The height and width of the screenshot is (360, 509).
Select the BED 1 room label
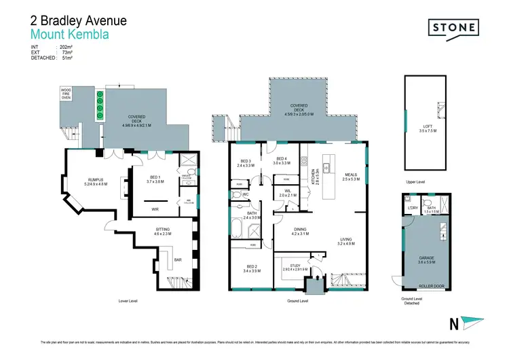[155, 179]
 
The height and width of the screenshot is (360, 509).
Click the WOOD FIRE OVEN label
[66, 94]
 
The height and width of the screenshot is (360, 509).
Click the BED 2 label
[251, 266]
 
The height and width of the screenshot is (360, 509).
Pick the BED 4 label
[282, 160]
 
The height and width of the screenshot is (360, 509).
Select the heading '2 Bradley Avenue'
[79, 20]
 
